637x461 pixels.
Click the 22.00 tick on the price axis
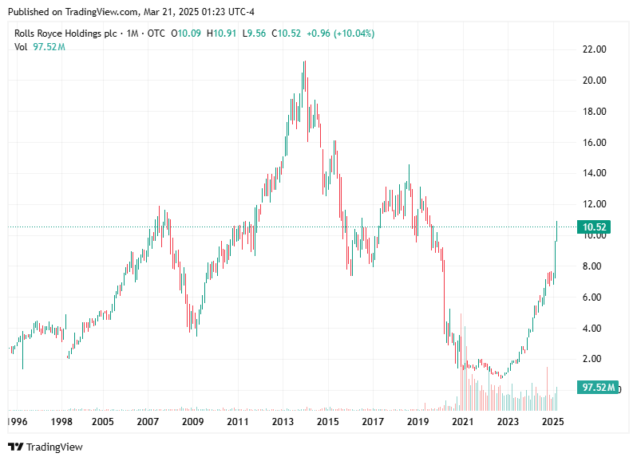point(595,49)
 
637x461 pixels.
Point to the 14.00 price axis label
point(595,173)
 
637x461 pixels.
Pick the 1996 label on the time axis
point(18,420)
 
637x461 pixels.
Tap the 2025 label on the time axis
point(553,420)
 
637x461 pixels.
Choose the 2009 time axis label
point(192,420)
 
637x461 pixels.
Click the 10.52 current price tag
point(596,227)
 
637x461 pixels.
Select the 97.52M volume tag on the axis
point(599,388)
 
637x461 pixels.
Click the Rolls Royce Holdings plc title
point(66,33)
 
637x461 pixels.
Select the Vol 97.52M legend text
point(40,47)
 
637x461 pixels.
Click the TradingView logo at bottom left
point(45,447)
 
